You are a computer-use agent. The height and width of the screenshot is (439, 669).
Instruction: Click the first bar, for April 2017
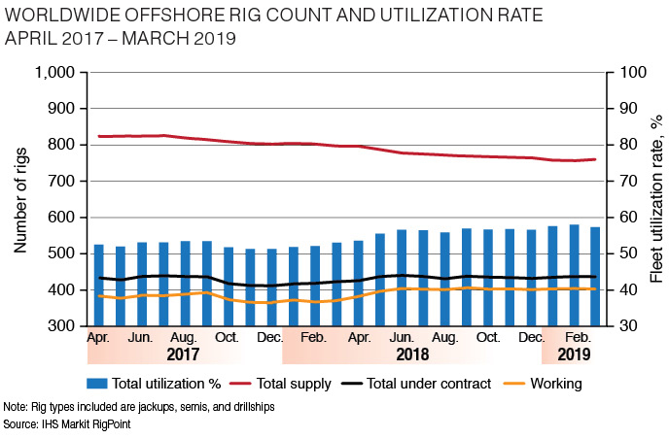[x=98, y=285]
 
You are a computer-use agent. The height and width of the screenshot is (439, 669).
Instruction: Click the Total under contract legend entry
[x=424, y=384]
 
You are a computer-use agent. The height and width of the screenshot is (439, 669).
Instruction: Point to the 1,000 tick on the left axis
[x=55, y=73]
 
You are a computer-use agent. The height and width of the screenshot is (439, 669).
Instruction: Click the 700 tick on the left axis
[x=62, y=182]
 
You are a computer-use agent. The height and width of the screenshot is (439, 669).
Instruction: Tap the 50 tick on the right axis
[x=619, y=253]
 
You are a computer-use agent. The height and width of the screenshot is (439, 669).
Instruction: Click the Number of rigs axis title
[x=19, y=199]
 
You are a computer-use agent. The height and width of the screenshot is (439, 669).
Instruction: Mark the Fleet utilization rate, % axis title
[x=656, y=199]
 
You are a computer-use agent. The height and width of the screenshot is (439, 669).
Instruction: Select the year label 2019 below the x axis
[x=574, y=355]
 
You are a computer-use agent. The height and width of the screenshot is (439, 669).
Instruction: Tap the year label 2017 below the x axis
[x=185, y=355]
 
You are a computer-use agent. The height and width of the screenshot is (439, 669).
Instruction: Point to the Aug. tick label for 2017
[x=185, y=337]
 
